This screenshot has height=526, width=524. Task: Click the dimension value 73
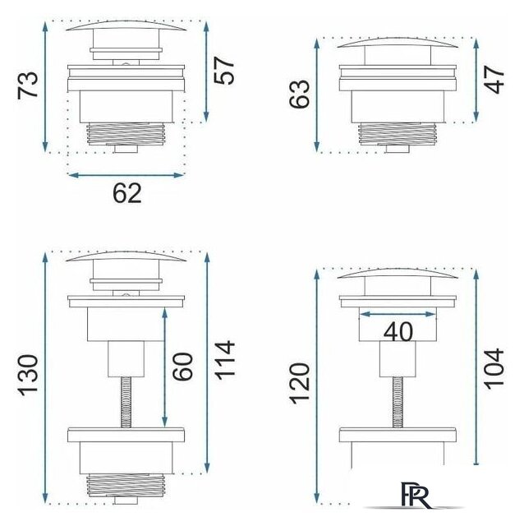[x=28, y=85]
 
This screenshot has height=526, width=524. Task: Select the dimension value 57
[x=224, y=71]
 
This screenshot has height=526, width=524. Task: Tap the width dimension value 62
[x=127, y=193]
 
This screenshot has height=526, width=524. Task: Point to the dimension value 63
[x=300, y=94]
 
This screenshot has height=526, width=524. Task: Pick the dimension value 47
[x=494, y=80]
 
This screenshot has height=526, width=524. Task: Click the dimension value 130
[x=28, y=375]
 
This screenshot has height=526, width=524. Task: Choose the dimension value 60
[x=182, y=367]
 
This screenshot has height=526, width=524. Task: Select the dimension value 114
[x=224, y=360]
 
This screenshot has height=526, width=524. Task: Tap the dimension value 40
[x=398, y=332]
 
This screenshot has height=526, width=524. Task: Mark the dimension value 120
[x=300, y=384]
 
